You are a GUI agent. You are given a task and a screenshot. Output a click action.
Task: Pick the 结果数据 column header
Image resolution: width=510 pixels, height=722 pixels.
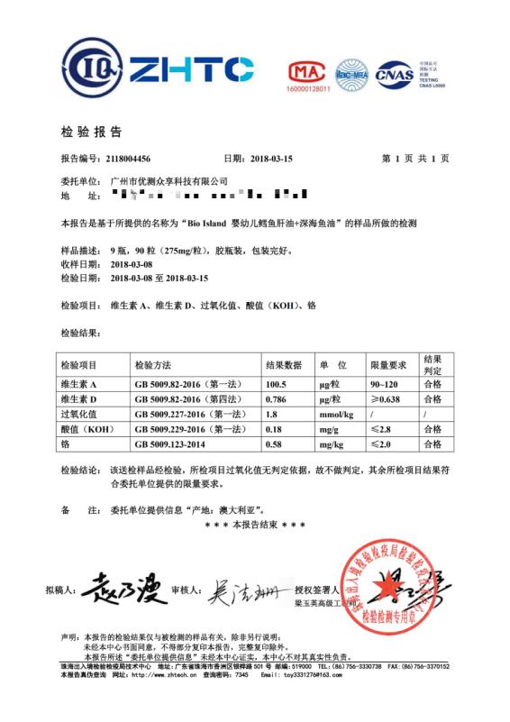pos(287,365)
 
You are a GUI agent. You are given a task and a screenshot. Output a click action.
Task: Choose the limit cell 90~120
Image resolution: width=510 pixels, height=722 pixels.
pos(384,385)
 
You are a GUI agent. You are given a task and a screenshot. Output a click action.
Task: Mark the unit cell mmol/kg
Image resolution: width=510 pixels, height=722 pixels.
pos(334,415)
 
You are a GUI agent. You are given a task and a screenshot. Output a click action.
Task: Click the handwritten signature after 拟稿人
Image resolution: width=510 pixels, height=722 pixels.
pos(122,591)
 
